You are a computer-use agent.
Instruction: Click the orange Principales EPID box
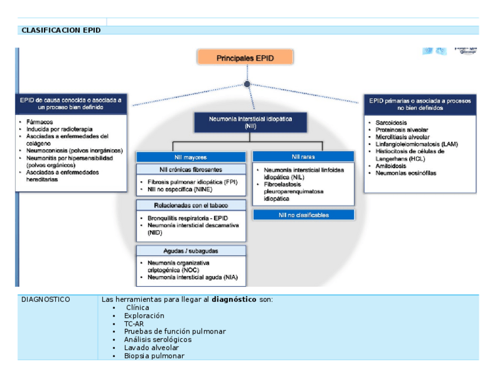point(245,58)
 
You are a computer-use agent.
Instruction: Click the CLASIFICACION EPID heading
point(60,30)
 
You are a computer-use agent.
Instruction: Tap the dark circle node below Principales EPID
point(247,84)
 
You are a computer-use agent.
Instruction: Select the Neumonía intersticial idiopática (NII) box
point(250,122)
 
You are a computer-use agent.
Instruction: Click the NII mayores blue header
point(191,157)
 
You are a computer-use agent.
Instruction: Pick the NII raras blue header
point(303,157)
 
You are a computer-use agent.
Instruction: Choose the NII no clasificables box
point(303,215)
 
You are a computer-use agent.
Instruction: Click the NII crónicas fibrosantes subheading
point(191,169)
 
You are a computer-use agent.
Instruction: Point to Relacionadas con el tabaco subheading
point(191,205)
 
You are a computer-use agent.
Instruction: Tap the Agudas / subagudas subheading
point(191,251)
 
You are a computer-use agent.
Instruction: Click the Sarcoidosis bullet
point(391,123)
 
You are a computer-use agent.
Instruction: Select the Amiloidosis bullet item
point(393,166)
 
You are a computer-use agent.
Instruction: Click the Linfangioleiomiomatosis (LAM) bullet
point(417,144)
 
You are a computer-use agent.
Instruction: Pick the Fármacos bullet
point(39,122)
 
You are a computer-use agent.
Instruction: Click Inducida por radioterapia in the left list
point(59,129)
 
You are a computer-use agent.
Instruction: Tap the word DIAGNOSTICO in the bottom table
point(46,300)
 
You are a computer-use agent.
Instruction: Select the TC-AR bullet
point(134,324)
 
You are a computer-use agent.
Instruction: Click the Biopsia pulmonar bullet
point(154,356)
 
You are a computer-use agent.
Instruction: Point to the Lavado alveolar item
point(151,348)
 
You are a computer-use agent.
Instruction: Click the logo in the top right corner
point(450,52)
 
